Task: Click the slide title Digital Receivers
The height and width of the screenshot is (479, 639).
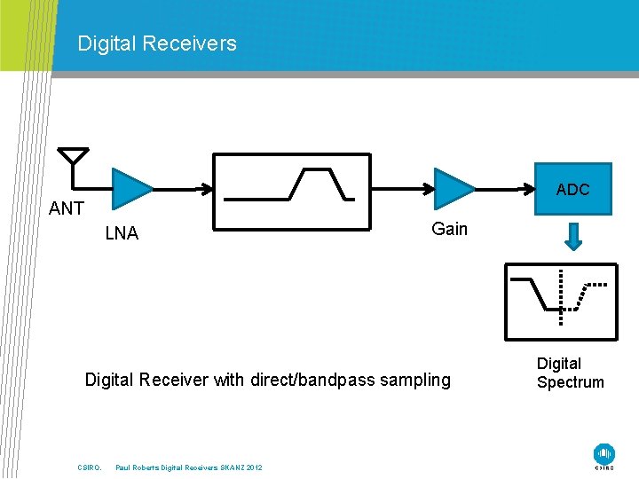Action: (x=157, y=43)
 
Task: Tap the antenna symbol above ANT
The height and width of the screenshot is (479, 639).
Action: (x=73, y=157)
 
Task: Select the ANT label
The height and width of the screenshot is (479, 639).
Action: (x=67, y=208)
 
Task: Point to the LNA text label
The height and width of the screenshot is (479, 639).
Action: (x=122, y=233)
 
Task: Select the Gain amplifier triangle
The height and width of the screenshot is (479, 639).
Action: (x=452, y=188)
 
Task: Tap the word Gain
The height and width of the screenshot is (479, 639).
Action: (x=449, y=229)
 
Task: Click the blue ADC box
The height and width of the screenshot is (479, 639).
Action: (x=572, y=189)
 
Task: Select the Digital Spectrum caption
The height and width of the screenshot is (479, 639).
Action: (x=570, y=373)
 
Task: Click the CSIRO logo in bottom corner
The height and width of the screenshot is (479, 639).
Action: (x=604, y=455)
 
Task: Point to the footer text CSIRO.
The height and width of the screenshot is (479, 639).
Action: (x=90, y=467)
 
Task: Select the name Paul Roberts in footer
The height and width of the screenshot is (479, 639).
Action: (x=138, y=467)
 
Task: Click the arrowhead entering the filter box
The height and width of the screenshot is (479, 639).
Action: (x=206, y=188)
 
